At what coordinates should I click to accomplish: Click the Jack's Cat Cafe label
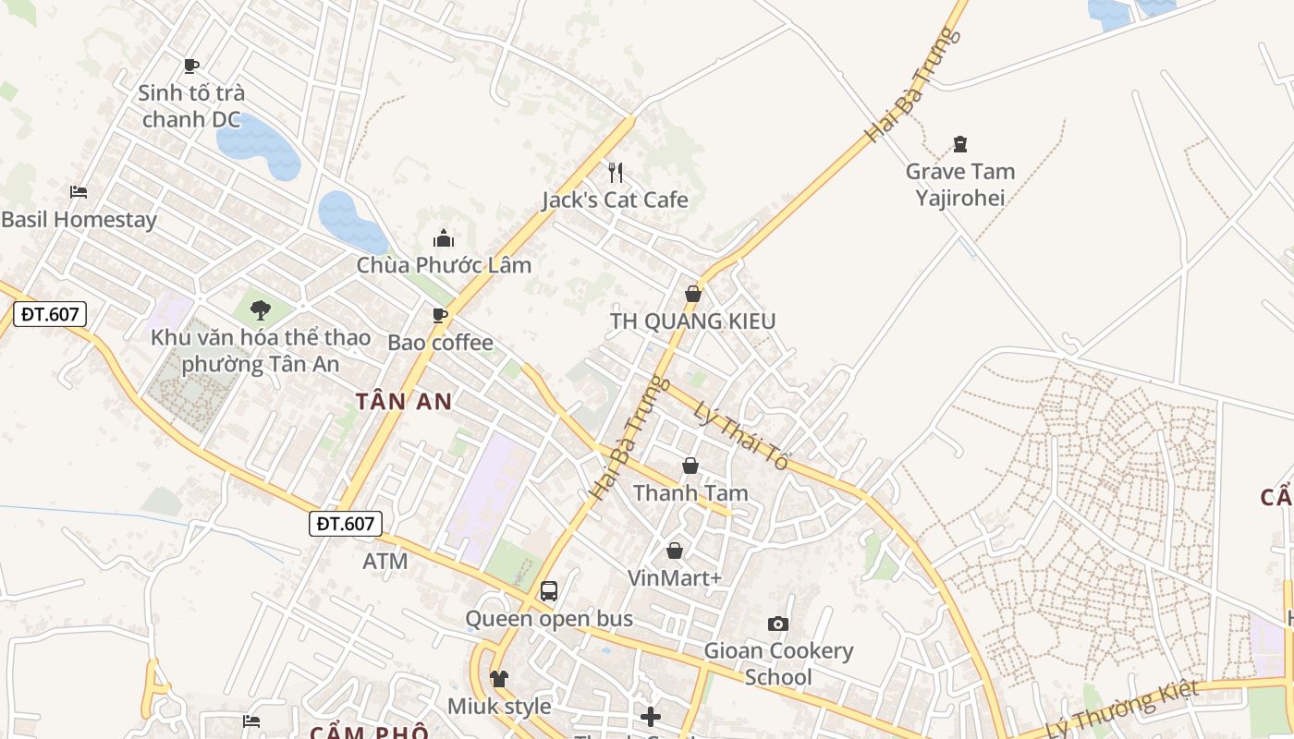[615, 200]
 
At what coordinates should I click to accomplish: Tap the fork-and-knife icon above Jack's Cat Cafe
[616, 172]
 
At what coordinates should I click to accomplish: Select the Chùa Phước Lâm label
[444, 265]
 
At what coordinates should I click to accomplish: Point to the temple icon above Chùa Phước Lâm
[444, 238]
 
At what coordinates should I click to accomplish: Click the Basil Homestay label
[79, 220]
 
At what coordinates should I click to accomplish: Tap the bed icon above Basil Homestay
[79, 192]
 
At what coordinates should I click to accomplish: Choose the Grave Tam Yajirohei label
[959, 184]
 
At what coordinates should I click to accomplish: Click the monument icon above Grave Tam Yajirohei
[960, 144]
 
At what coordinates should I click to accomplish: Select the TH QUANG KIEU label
[692, 321]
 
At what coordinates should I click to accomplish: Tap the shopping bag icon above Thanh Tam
[690, 466]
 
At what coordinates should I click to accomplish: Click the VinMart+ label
[674, 578]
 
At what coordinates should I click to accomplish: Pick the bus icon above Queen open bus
[549, 590]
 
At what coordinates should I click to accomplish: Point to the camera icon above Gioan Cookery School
[778, 624]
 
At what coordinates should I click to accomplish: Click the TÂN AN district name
[404, 401]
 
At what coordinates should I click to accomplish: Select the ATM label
[385, 561]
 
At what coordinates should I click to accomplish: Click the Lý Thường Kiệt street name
[1122, 708]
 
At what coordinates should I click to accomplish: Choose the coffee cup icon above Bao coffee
[440, 315]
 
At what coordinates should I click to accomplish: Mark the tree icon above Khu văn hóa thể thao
[261, 310]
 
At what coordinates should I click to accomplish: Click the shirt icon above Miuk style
[499, 679]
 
